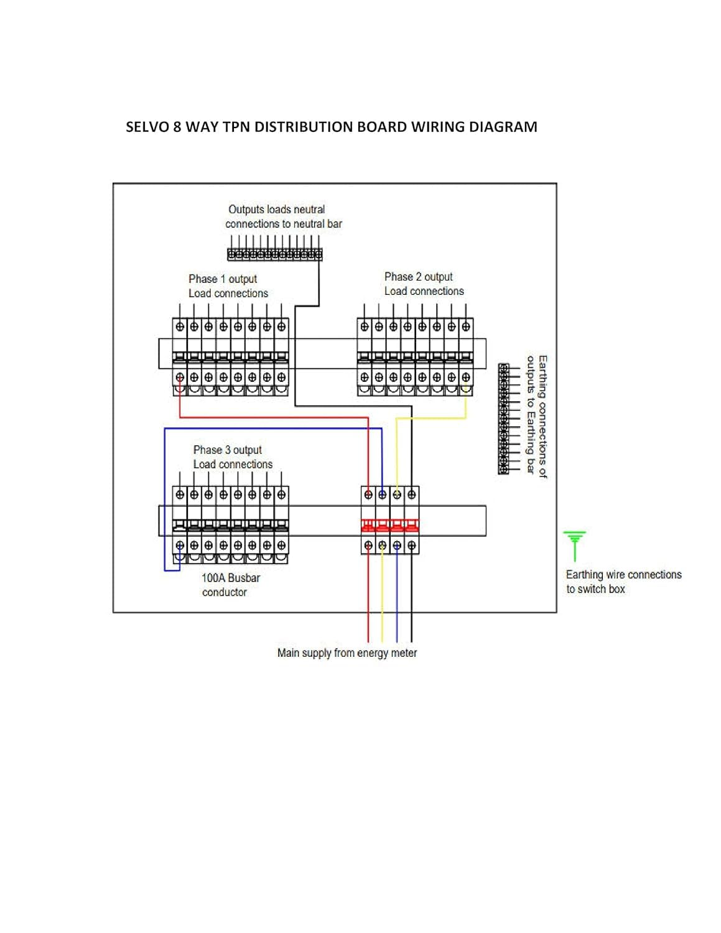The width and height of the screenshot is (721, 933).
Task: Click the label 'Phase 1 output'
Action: pyautogui.click(x=223, y=279)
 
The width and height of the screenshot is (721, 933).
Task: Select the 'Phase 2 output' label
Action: pyautogui.click(x=418, y=276)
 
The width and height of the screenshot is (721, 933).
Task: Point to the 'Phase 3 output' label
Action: pyautogui.click(x=227, y=450)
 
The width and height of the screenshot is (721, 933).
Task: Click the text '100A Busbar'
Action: pyautogui.click(x=231, y=578)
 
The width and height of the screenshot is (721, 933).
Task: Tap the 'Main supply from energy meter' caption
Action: pyautogui.click(x=347, y=652)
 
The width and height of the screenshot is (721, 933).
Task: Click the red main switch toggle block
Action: pyautogui.click(x=390, y=526)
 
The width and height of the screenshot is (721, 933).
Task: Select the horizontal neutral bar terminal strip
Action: pyautogui.click(x=274, y=254)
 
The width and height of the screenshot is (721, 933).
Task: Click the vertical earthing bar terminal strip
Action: pyautogui.click(x=503, y=419)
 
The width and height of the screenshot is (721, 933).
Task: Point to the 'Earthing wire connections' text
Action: pyautogui.click(x=623, y=575)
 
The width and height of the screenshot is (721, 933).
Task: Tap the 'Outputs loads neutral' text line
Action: pyautogui.click(x=276, y=209)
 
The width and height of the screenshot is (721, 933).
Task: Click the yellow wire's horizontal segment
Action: pyautogui.click(x=431, y=418)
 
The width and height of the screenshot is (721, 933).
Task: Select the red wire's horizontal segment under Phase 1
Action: pyautogui.click(x=274, y=417)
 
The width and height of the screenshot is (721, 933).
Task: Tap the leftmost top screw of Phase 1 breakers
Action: pyautogui.click(x=180, y=327)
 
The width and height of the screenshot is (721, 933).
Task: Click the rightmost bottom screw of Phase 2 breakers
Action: pyautogui.click(x=466, y=377)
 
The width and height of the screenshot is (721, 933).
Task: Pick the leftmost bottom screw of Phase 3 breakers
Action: pyautogui.click(x=180, y=545)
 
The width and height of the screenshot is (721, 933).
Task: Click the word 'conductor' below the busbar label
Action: pyautogui.click(x=224, y=592)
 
